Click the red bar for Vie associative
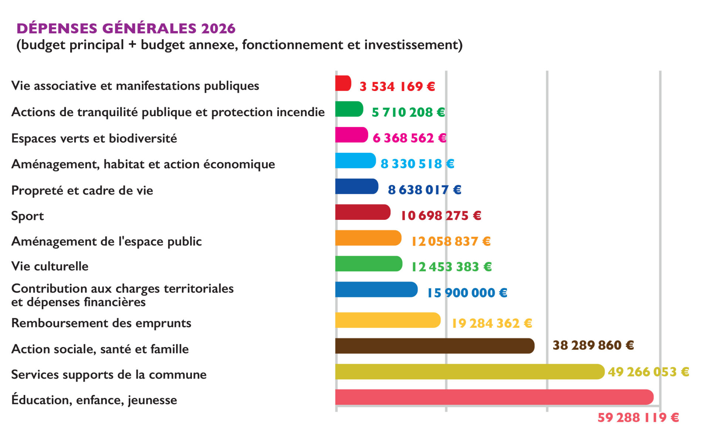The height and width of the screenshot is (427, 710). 343,83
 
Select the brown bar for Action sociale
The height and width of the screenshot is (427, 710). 435,346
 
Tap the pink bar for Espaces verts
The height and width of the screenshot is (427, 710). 351,135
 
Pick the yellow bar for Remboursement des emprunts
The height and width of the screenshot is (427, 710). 388,320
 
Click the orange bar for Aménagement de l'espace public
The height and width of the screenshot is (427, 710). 368,238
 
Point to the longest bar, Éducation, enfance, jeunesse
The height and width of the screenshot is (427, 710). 494,397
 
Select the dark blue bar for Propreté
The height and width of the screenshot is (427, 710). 356,186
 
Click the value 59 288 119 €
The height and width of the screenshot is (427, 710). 638,417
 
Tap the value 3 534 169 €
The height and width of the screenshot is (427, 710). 397,86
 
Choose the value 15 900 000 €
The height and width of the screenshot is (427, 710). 467,293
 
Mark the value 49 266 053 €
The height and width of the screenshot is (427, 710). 648,371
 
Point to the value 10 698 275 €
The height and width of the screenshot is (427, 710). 441,215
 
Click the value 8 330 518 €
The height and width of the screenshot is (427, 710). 417,164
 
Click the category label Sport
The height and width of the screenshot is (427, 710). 27,216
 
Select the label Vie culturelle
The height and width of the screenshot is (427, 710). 50,266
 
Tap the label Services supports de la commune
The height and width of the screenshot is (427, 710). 109,374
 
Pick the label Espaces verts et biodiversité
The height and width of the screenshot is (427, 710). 94,138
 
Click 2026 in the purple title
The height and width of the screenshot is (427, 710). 218,28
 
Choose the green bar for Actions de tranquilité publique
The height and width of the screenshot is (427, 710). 349,109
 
